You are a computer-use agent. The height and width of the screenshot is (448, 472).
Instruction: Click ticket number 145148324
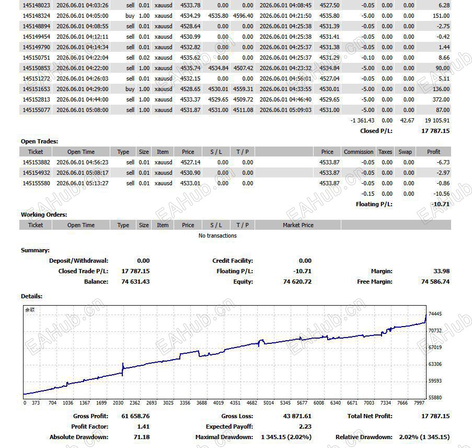[x=37, y=16]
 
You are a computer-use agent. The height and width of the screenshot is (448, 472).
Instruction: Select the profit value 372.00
[x=441, y=99]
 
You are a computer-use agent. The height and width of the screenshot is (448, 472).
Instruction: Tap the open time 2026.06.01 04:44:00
[x=83, y=99]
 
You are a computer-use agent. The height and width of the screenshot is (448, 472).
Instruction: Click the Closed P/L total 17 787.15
[x=435, y=131]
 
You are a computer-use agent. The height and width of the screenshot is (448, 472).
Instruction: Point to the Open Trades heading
[x=39, y=141]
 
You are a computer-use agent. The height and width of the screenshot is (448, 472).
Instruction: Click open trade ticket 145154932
[x=37, y=173]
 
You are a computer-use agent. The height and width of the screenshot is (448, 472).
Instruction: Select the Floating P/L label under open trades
[x=374, y=204]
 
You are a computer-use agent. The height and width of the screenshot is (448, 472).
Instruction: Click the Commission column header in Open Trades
[x=359, y=152]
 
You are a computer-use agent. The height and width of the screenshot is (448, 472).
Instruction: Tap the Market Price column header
[x=298, y=225]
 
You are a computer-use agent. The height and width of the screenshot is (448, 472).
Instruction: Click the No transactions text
[x=217, y=236]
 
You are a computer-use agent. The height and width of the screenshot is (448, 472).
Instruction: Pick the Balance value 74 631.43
[x=135, y=282]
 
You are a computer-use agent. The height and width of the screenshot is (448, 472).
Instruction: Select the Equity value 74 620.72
[x=297, y=282]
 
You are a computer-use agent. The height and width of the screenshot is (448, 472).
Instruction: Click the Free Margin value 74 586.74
[x=435, y=282]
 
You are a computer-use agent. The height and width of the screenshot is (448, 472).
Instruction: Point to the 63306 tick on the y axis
[x=435, y=364]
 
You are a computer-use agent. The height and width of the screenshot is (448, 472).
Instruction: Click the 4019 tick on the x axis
[x=218, y=403]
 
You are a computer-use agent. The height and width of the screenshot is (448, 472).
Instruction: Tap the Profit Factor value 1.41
[x=143, y=427]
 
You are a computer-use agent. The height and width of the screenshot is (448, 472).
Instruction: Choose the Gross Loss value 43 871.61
[x=297, y=416]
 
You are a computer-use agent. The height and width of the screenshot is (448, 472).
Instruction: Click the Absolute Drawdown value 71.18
[x=142, y=437]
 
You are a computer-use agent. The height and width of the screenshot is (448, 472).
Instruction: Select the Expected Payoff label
[x=229, y=427]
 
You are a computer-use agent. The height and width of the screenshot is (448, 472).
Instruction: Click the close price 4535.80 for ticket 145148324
[x=329, y=16]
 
